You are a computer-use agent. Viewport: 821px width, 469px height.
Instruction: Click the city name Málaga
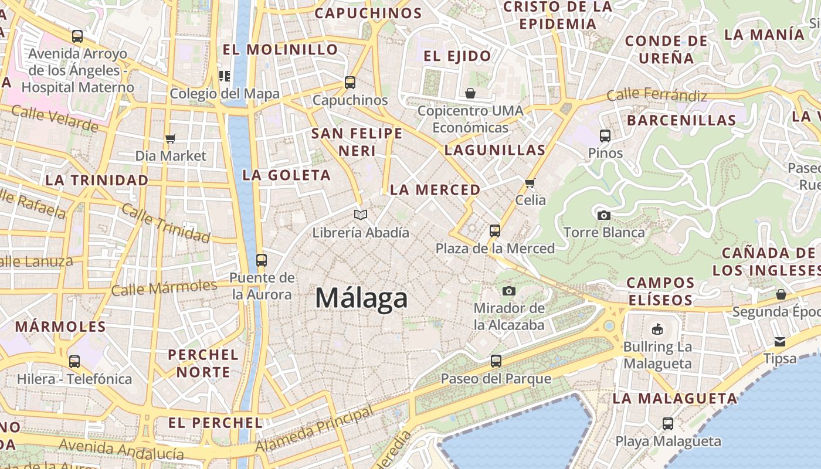pos(361,298)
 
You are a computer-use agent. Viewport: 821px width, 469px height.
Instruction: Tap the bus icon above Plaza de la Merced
pos(495,231)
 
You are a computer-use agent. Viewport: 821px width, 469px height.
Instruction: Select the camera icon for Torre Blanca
pos(603,215)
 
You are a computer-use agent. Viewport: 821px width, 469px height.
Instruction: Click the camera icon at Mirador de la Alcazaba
pos(508,291)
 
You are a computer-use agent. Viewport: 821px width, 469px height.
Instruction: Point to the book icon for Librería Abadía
pos(360,215)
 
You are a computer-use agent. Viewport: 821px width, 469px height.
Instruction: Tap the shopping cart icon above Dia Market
pos(170,138)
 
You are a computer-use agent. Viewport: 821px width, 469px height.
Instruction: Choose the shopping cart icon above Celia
pos(530,183)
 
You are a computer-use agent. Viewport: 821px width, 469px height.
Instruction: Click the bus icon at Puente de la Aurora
pos(262,260)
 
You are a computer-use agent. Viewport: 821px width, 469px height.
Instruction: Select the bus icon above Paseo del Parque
pos(496,361)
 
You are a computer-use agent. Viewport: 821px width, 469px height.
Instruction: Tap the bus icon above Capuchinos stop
pos(350,83)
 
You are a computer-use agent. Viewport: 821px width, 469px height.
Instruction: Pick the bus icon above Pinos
pos(605,136)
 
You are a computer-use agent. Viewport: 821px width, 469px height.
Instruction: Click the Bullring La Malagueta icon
pos(657,329)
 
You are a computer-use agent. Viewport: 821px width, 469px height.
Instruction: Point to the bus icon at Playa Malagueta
pos(668,424)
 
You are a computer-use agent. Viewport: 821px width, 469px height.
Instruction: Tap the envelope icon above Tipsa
pos(780,341)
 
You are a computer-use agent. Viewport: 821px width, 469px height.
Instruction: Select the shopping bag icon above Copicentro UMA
pos(470,93)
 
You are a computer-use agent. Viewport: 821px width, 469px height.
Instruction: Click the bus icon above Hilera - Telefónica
pos(74,362)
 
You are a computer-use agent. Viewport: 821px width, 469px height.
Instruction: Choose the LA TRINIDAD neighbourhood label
pos(97,181)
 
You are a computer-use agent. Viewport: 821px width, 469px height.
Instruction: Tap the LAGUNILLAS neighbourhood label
pos(495,150)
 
